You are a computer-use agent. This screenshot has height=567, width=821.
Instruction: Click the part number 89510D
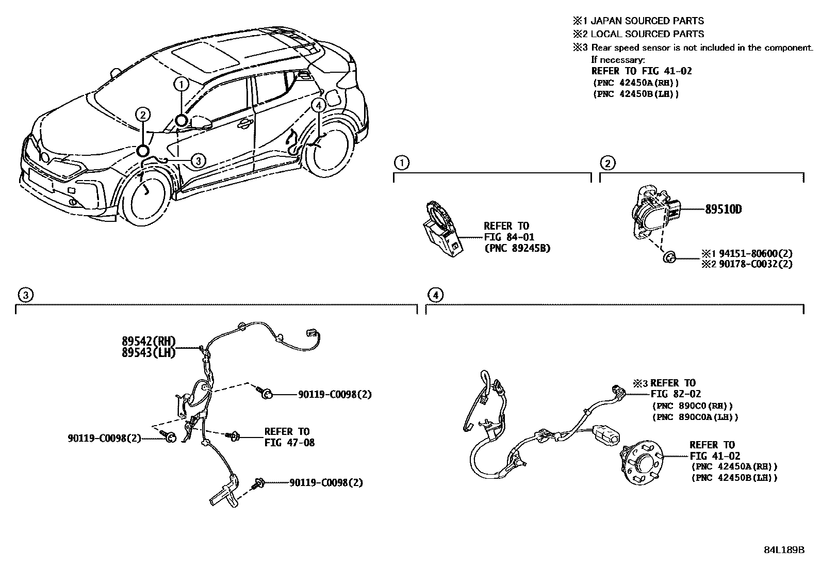tap(724, 209)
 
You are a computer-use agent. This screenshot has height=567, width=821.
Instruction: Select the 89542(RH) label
tap(149, 341)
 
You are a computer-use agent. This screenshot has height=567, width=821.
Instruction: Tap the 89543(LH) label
tap(149, 352)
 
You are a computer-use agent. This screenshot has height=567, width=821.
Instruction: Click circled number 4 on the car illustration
tap(319, 105)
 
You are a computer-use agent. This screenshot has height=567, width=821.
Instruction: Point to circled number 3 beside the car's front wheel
tap(198, 161)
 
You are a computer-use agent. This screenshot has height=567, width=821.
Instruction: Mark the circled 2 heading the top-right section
tap(607, 164)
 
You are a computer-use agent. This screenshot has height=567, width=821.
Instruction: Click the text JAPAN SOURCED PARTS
tap(647, 21)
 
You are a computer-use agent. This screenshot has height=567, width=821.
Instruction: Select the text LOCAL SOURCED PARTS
tap(647, 34)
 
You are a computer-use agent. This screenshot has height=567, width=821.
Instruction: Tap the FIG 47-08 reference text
tap(290, 443)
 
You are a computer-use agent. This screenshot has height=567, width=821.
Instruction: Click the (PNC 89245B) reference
tap(517, 248)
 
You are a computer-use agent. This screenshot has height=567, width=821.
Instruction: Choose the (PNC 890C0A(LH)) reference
tap(695, 417)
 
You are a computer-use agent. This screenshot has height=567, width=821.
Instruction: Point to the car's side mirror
tap(201, 122)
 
